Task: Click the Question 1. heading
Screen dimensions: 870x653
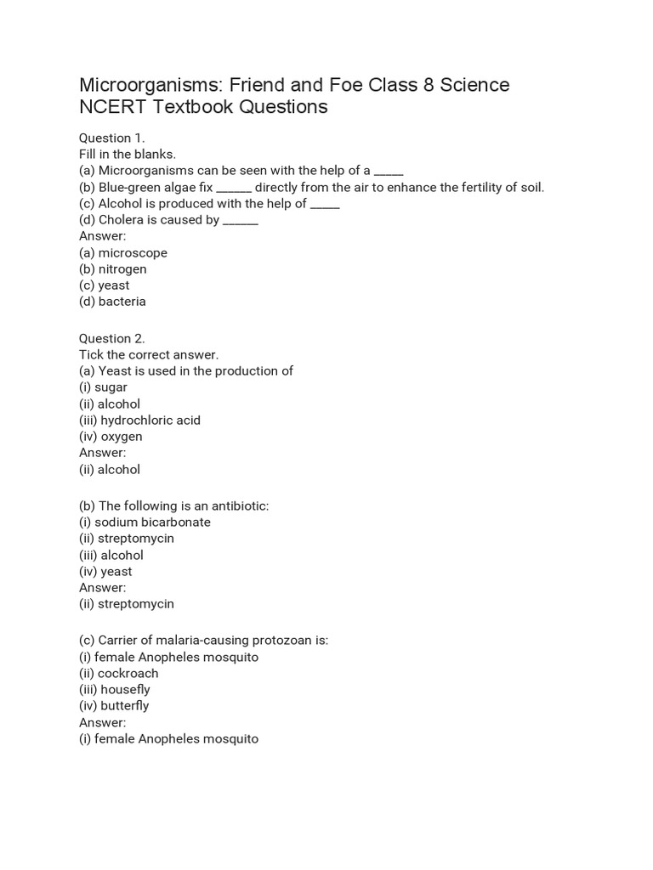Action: pos(112,138)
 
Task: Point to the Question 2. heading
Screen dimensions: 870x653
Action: pos(112,338)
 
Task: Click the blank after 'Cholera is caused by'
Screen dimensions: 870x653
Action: pos(241,221)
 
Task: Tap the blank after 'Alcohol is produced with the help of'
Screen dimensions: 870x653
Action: pos(325,205)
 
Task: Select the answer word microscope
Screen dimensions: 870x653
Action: pos(133,253)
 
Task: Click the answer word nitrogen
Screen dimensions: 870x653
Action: pos(122,269)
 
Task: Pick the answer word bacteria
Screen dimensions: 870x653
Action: pos(122,302)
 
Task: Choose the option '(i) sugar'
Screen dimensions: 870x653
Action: pos(103,387)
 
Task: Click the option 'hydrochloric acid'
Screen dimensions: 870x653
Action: pos(150,420)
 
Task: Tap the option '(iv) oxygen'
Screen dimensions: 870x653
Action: pos(111,437)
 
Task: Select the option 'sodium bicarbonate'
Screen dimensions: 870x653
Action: pos(152,523)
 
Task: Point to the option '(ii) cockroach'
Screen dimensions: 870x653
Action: pos(118,674)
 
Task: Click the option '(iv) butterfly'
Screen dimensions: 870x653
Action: pos(114,706)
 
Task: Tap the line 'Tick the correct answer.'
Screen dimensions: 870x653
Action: pos(149,355)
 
